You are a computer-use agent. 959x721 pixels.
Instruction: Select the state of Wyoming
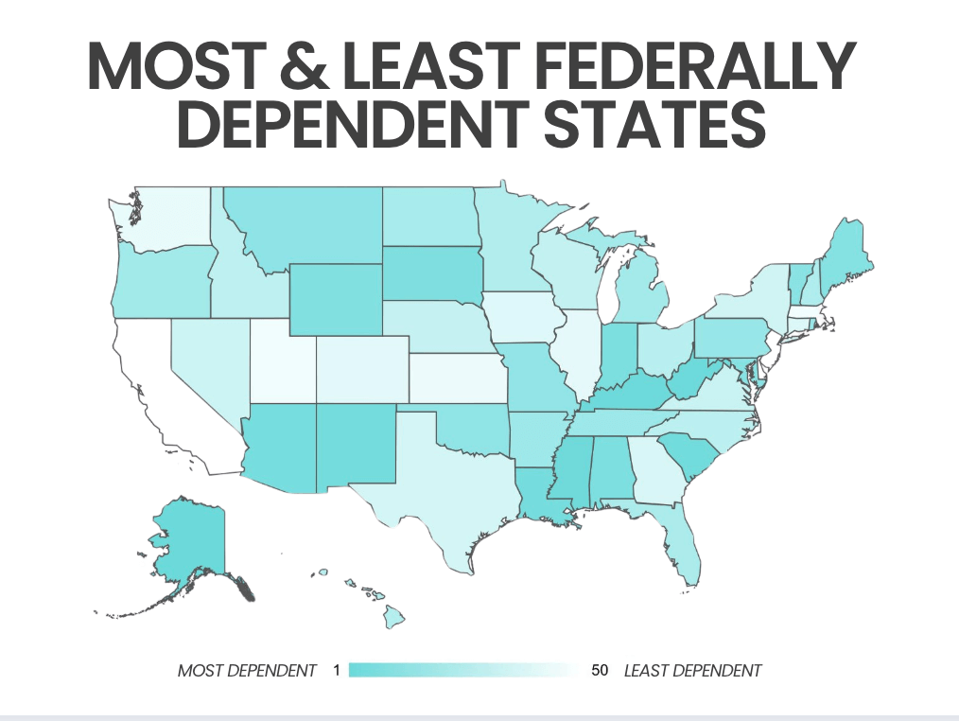pos(336,298)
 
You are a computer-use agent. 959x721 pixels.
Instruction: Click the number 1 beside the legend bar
pos(336,671)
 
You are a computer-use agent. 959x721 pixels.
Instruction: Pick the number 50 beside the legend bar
pos(599,671)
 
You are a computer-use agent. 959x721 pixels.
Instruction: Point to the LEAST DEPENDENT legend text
pos(692,671)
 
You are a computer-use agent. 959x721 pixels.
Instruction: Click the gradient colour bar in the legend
pos(463,671)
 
